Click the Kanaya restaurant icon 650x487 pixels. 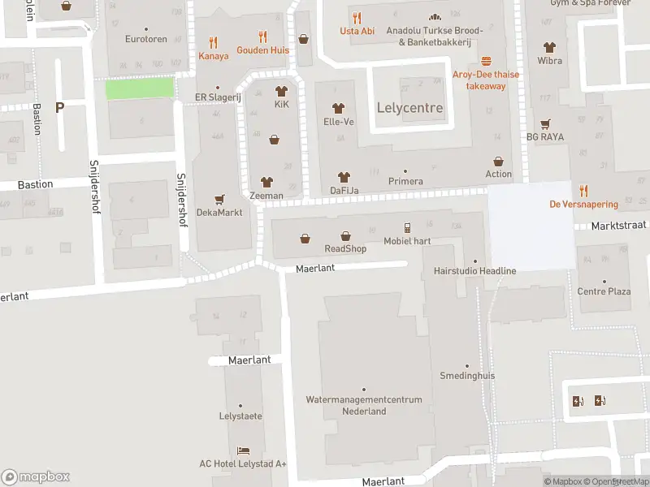(x=214, y=42)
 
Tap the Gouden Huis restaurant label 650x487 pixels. (x=262, y=50)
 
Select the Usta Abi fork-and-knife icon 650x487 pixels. (x=357, y=17)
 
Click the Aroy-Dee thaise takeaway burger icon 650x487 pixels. (x=486, y=61)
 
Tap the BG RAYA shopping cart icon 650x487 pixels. (x=544, y=123)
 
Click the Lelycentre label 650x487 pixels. (x=409, y=108)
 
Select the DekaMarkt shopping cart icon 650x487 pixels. (x=219, y=199)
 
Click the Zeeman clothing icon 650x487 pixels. (x=266, y=182)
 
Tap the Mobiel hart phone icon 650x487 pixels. (x=407, y=228)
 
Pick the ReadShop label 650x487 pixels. (x=345, y=248)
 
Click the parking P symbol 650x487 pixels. (x=59, y=107)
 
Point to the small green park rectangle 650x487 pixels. (x=140, y=88)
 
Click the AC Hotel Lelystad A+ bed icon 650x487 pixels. (x=243, y=450)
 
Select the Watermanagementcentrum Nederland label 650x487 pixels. (x=363, y=405)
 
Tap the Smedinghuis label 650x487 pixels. (x=467, y=377)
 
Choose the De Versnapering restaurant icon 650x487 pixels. (x=583, y=191)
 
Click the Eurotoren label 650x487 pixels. (x=146, y=39)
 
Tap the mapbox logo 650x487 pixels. (x=36, y=477)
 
